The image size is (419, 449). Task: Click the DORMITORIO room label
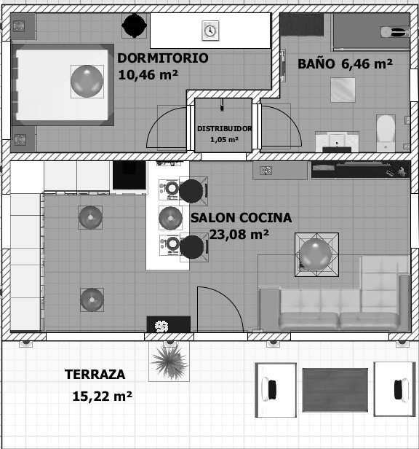[163, 58]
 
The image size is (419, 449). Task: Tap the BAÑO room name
[316, 63]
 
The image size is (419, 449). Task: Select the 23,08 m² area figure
[239, 235]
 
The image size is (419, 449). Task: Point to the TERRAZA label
[95, 375]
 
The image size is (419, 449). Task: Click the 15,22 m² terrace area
[103, 397]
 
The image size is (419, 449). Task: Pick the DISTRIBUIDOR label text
[224, 129]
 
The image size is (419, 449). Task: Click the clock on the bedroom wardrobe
[210, 31]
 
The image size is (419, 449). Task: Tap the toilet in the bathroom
[386, 133]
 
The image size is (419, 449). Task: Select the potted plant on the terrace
[169, 361]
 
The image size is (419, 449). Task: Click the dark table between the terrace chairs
[335, 390]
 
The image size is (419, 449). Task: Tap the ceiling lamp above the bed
[87, 82]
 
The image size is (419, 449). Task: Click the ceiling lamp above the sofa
[316, 255]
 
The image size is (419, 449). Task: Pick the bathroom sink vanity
[337, 142]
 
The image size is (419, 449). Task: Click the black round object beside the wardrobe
[135, 26]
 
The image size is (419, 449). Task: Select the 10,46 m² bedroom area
[148, 75]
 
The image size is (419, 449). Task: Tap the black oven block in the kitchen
[129, 175]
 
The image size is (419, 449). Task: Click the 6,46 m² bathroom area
[367, 63]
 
